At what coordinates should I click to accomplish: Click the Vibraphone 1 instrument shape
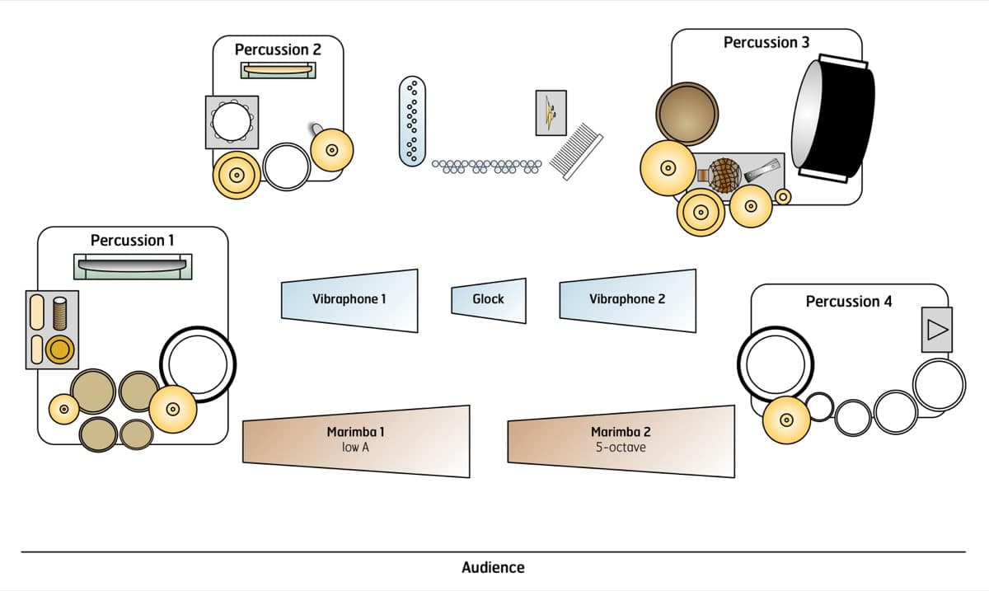[349, 299]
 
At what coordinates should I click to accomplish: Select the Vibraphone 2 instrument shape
[627, 298]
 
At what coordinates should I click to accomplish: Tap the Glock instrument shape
[489, 299]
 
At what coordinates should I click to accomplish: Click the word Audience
[493, 567]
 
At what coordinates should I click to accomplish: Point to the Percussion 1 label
[133, 241]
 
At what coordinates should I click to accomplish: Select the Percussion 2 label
[278, 49]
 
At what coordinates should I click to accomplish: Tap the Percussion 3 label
[766, 42]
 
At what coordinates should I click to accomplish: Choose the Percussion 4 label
[849, 302]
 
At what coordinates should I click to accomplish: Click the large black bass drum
[832, 119]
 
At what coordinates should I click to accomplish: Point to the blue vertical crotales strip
[413, 120]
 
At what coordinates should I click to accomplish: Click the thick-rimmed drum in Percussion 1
[198, 364]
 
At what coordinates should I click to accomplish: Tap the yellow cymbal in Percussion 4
[785, 420]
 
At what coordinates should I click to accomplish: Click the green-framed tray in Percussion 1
[133, 266]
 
